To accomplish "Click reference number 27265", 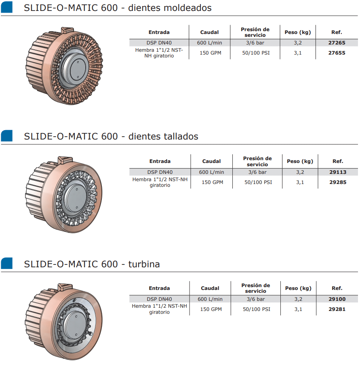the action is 337,43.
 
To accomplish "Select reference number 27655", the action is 337,53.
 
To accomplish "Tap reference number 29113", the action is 338,172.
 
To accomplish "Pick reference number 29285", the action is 338,182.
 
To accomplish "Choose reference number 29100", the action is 337,299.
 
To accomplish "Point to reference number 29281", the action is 337,309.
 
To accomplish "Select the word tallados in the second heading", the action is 181,136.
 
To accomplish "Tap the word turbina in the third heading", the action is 144,264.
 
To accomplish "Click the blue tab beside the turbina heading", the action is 6,263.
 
